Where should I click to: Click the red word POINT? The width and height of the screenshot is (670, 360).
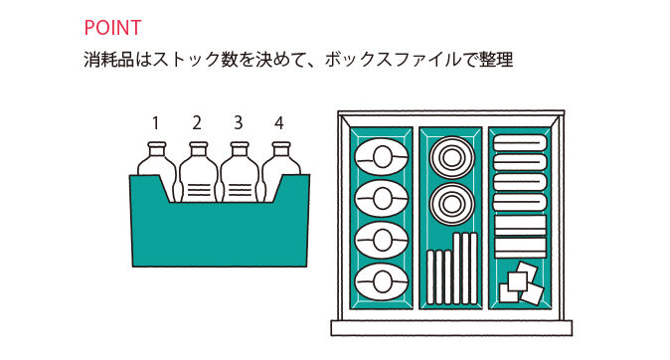click(x=112, y=28)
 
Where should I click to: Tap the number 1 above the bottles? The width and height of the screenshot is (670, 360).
click(x=155, y=123)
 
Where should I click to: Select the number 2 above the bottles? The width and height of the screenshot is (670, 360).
click(x=197, y=123)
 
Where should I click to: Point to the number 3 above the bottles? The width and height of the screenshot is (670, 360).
click(x=238, y=123)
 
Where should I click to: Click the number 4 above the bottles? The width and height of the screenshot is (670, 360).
click(x=279, y=123)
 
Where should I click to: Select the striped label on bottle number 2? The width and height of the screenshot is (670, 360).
click(x=199, y=189)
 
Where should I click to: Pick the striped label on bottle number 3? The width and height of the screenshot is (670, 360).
click(x=241, y=189)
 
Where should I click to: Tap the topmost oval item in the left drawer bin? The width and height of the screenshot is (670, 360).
click(x=381, y=157)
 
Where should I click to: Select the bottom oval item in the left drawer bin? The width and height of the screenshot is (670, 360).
click(x=381, y=281)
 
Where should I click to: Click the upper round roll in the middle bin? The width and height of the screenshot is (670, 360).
click(x=451, y=157)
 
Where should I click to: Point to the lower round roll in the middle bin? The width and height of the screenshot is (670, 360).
click(x=451, y=205)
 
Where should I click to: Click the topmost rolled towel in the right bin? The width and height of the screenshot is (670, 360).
click(x=520, y=143)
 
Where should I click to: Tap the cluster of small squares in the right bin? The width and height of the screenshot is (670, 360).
click(x=521, y=282)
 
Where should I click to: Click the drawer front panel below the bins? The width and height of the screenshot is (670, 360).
click(x=451, y=328)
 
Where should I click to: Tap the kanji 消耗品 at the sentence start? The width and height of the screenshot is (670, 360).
click(x=109, y=60)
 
